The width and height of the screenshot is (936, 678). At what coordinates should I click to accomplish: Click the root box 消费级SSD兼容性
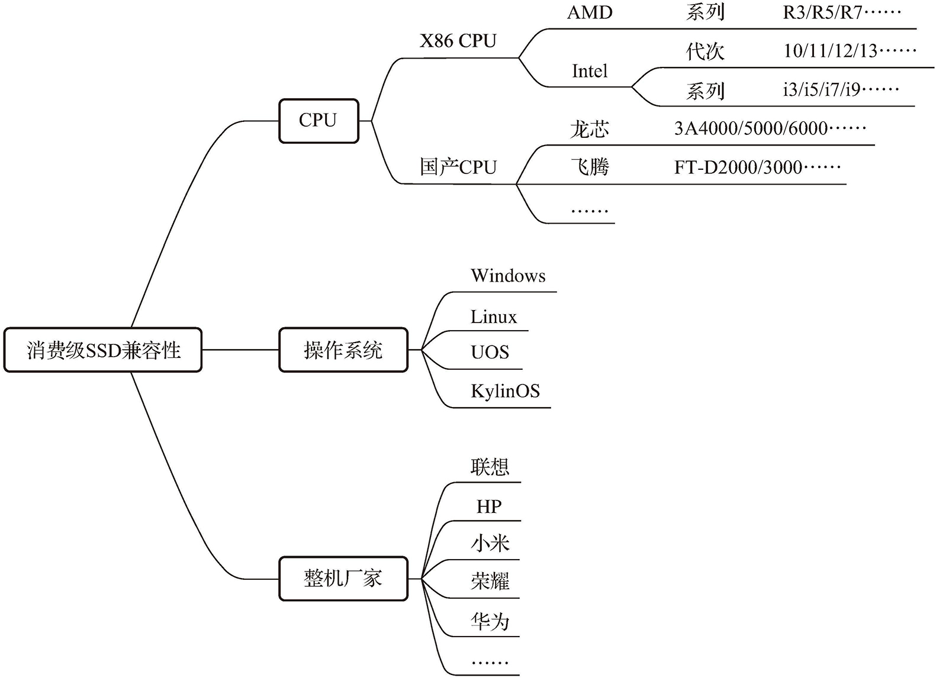pos(103,350)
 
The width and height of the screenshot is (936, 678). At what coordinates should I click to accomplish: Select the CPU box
pos(319,121)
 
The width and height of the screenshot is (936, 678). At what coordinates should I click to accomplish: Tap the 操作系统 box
pos(343,350)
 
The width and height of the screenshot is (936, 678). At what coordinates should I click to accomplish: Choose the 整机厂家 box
pos(343,579)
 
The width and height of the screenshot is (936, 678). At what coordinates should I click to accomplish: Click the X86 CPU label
pos(458,41)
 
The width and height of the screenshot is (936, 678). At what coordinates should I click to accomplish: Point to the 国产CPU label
pos(458,167)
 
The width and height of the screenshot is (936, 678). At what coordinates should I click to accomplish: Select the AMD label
pos(590,12)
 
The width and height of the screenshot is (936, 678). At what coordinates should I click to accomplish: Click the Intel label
pos(590,72)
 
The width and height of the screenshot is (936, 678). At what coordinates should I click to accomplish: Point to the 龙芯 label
pos(590,129)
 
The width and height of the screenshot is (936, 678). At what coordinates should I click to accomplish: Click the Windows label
pos(508,276)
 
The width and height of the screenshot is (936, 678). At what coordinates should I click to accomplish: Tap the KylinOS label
pos(505,391)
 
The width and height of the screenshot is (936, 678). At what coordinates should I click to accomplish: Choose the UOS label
pos(490,353)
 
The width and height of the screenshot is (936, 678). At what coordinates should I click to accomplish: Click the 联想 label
pos(490,467)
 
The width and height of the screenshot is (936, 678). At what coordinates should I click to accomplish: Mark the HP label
pos(489,506)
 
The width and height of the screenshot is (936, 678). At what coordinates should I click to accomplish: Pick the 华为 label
pos(490,621)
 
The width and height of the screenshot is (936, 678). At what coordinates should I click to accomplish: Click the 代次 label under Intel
pos(705,51)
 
